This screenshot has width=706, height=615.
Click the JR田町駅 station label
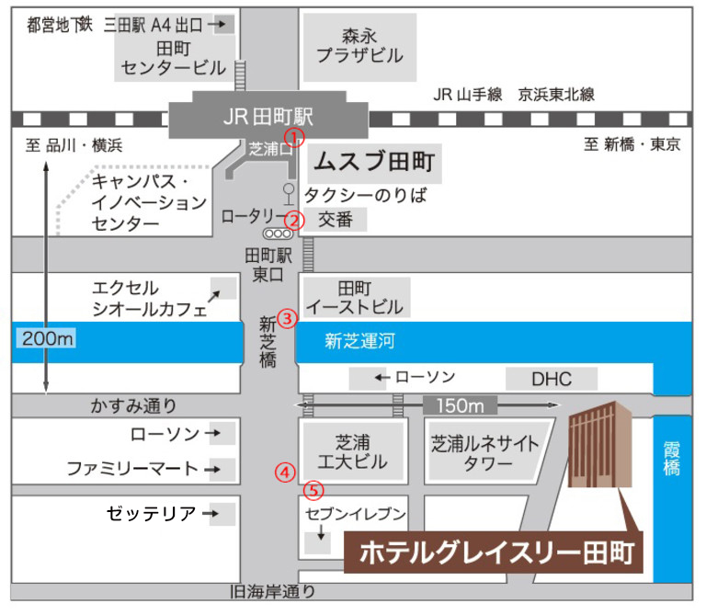coord(268,117)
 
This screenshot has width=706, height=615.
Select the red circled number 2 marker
coord(294,220)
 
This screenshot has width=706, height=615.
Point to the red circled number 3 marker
coord(287,319)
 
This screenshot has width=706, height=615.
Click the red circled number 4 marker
coord(286,473)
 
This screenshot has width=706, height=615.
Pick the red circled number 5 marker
coord(313,491)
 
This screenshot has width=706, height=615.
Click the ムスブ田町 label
coord(372,163)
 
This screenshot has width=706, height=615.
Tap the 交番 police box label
coord(336,220)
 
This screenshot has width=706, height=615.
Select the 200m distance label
coord(45,339)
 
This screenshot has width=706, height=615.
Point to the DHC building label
coord(552,378)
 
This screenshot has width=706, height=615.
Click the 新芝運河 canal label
coord(359,342)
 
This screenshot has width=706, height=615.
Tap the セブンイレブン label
coord(356,512)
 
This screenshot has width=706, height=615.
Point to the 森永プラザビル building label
coord(359,46)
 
